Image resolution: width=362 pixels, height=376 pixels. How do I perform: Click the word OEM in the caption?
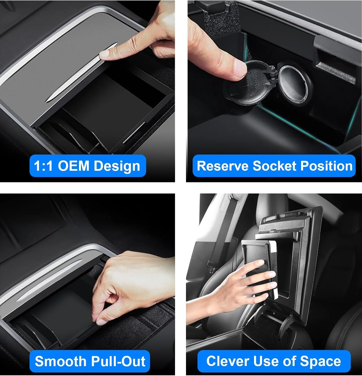pyautogui.click(x=73, y=166)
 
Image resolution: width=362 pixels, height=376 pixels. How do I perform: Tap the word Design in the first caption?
pyautogui.click(x=116, y=166)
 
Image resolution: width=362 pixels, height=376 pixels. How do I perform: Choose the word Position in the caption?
pyautogui.click(x=326, y=166)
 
